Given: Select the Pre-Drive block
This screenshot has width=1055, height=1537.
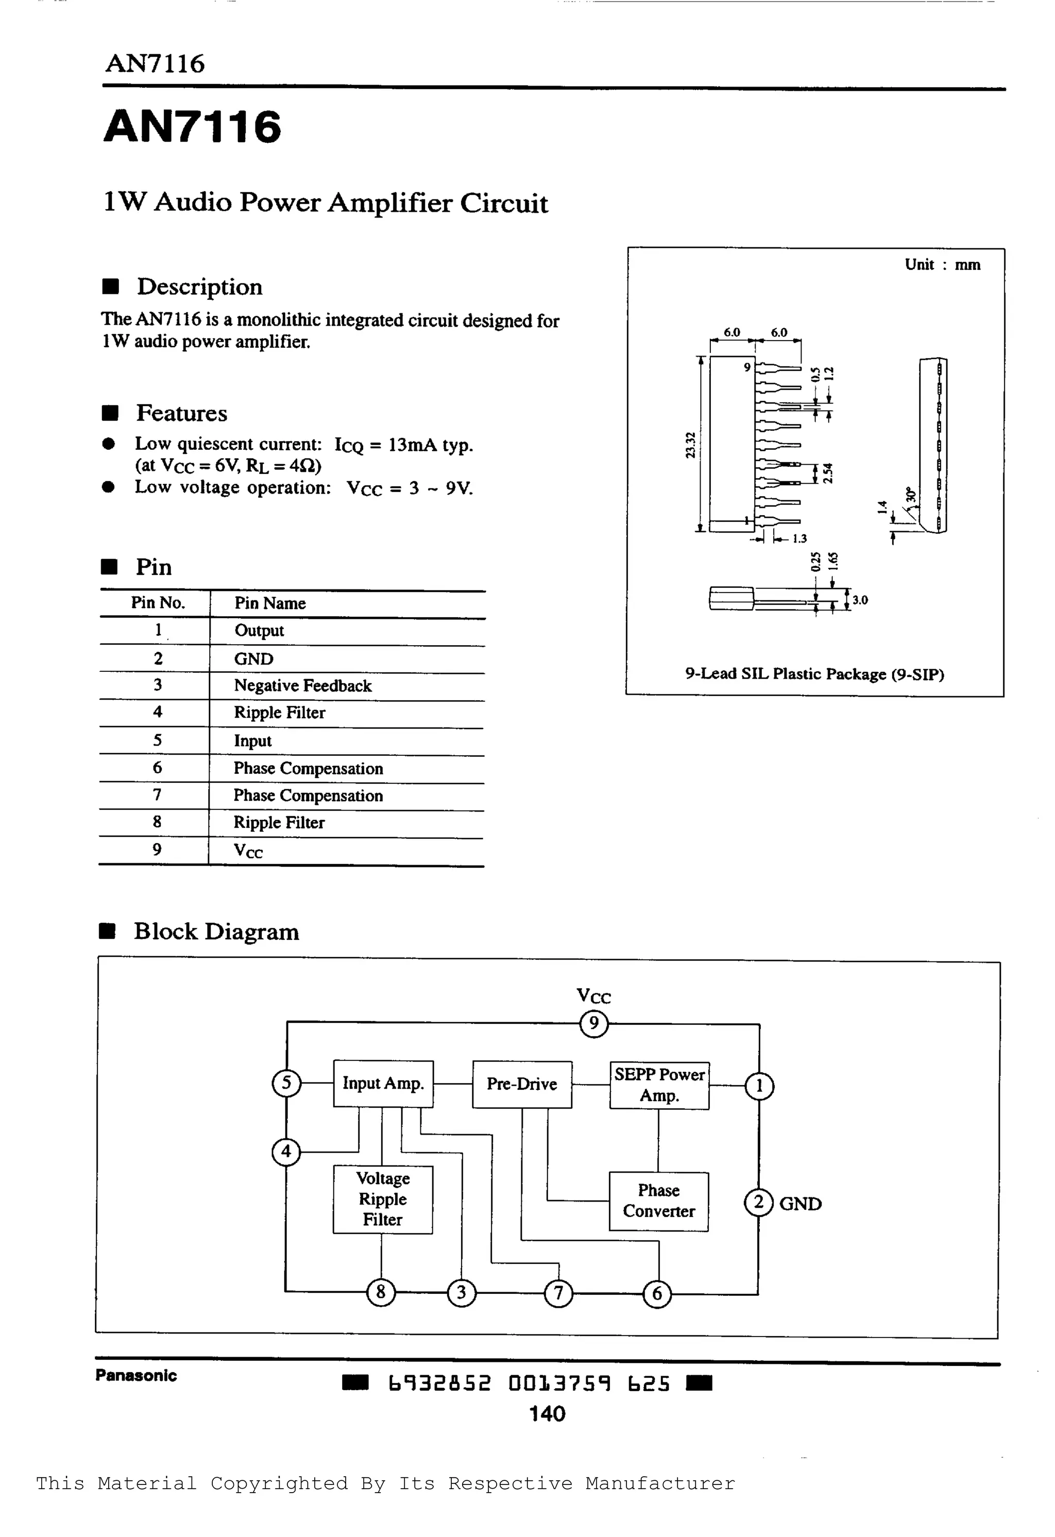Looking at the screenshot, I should (521, 1084).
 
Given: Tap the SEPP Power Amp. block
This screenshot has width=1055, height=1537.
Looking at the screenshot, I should (659, 1085).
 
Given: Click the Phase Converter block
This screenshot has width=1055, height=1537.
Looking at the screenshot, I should (658, 1201).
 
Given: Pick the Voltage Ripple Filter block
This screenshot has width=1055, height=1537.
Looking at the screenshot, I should (383, 1199).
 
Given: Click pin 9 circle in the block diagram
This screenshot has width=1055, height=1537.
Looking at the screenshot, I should (593, 1024).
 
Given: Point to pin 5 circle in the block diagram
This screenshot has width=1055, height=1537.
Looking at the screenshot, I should (286, 1083).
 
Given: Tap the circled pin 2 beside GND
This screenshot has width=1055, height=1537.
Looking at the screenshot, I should (759, 1203).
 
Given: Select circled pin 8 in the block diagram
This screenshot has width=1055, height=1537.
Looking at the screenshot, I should (381, 1292).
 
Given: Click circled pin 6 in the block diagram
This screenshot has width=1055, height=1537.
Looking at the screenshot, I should (657, 1294).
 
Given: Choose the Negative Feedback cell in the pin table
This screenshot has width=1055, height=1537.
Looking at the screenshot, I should (303, 686).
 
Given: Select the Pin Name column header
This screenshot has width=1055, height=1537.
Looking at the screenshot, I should (270, 603).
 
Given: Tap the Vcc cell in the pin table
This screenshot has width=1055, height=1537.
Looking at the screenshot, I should (248, 851).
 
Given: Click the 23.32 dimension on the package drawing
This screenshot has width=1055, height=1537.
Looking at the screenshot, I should (691, 445).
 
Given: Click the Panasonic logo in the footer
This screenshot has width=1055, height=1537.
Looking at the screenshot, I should (136, 1376).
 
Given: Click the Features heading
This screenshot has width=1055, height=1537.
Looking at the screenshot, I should (181, 413).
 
